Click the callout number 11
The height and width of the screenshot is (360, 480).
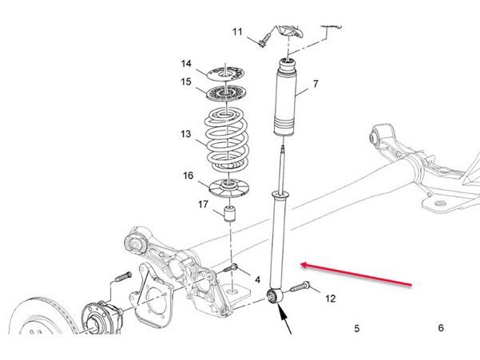(x=237, y=32)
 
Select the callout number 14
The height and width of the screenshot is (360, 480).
(x=186, y=64)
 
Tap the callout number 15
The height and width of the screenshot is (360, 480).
(x=186, y=82)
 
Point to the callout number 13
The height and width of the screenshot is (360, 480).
(x=186, y=134)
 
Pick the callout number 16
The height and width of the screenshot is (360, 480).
(x=188, y=176)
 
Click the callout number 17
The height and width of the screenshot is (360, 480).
(x=203, y=204)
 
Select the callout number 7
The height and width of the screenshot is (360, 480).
(x=315, y=84)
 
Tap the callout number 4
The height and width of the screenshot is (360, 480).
(x=258, y=279)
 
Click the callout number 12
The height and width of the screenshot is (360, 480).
(x=331, y=299)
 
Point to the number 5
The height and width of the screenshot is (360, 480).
(x=357, y=329)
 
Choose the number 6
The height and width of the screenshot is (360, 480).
(x=441, y=328)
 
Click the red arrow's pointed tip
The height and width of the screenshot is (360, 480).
(x=301, y=264)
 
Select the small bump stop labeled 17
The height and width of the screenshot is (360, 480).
(x=230, y=214)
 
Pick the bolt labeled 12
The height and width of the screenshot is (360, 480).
(x=300, y=287)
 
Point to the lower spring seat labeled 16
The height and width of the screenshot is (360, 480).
(x=228, y=188)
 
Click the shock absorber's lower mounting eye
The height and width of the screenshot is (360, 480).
(x=276, y=295)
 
